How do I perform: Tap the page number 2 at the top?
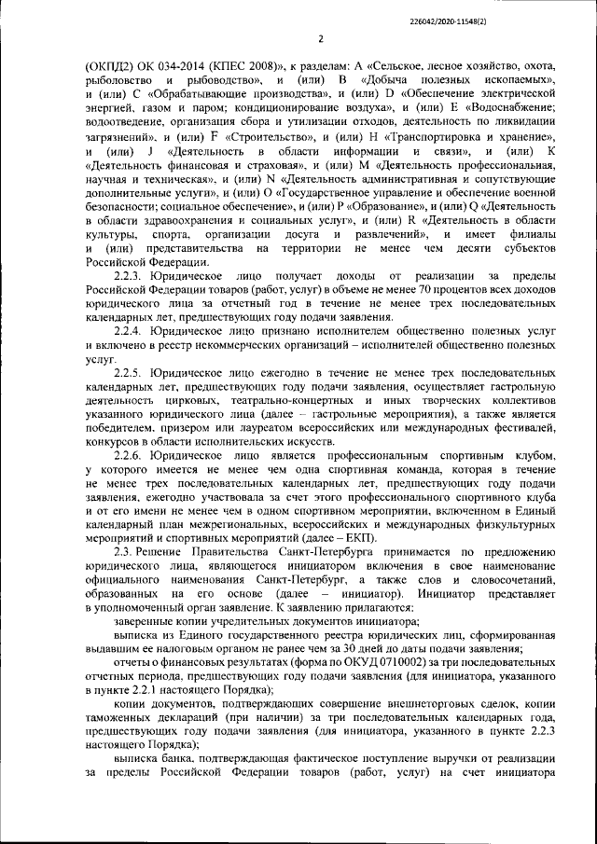[x=320, y=39]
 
